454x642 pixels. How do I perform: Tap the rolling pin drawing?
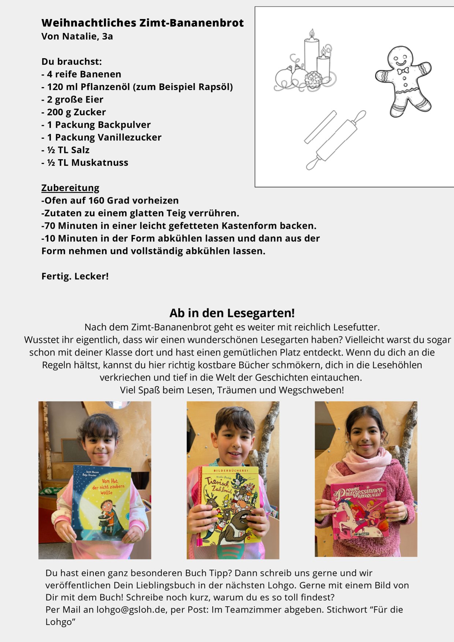click(336, 140)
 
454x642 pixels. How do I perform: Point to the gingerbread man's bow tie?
click(403, 71)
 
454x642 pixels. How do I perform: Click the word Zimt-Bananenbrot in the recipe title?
click(191, 23)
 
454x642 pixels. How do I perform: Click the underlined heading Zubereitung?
click(70, 188)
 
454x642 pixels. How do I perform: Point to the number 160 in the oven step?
click(96, 201)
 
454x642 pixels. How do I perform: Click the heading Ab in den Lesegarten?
click(232, 313)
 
